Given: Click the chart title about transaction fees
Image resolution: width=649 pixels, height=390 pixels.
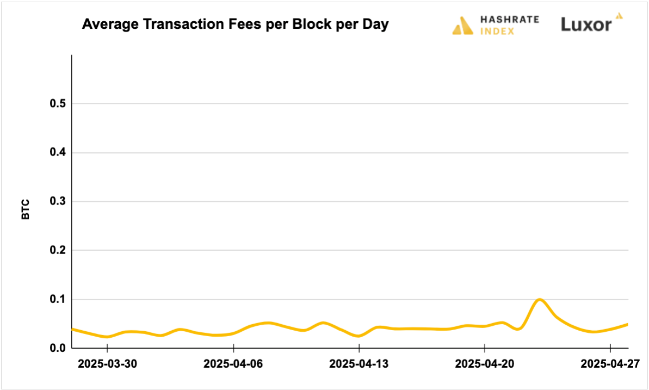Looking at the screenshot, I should (x=235, y=24).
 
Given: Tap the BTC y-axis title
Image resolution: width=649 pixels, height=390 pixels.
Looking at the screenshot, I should (x=26, y=209).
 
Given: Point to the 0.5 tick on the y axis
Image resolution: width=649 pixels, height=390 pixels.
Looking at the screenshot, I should (x=57, y=104).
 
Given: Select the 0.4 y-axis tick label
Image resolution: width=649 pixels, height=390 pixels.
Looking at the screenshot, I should (x=57, y=153).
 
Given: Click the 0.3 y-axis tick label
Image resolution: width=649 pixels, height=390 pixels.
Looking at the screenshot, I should (x=57, y=202).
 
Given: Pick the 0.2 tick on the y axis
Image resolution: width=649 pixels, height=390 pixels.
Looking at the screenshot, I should (x=57, y=251).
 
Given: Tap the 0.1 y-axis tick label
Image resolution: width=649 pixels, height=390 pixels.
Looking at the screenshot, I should (x=57, y=300).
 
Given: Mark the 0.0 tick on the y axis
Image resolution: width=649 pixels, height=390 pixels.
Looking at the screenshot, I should (x=57, y=348).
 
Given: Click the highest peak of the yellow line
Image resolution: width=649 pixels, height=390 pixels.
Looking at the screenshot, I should (x=539, y=299).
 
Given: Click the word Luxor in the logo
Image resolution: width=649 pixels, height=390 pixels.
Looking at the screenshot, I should (x=586, y=24).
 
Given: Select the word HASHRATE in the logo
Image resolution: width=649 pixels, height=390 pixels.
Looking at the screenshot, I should (x=510, y=20).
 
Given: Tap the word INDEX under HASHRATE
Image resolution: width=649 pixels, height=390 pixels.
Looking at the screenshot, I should (x=497, y=31).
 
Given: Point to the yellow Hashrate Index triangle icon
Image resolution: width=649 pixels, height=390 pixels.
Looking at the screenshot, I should (x=462, y=26).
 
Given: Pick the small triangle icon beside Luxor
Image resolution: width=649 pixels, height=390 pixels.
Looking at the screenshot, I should (x=619, y=16).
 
